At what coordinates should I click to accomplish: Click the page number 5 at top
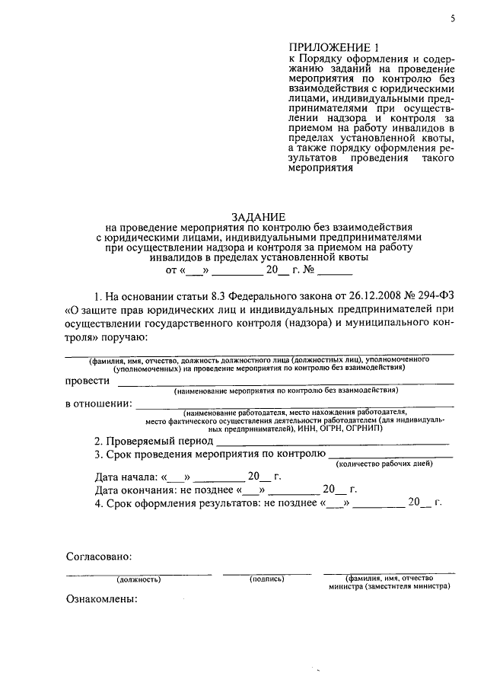click(x=452, y=19)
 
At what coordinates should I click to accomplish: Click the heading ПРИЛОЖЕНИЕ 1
click(x=329, y=47)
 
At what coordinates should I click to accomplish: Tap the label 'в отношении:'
click(x=98, y=404)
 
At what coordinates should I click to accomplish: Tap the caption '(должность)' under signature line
click(x=138, y=579)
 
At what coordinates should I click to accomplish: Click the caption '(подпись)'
click(x=266, y=579)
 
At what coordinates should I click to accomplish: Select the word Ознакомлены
click(x=101, y=600)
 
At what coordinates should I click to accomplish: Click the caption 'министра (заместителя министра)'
click(x=390, y=587)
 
